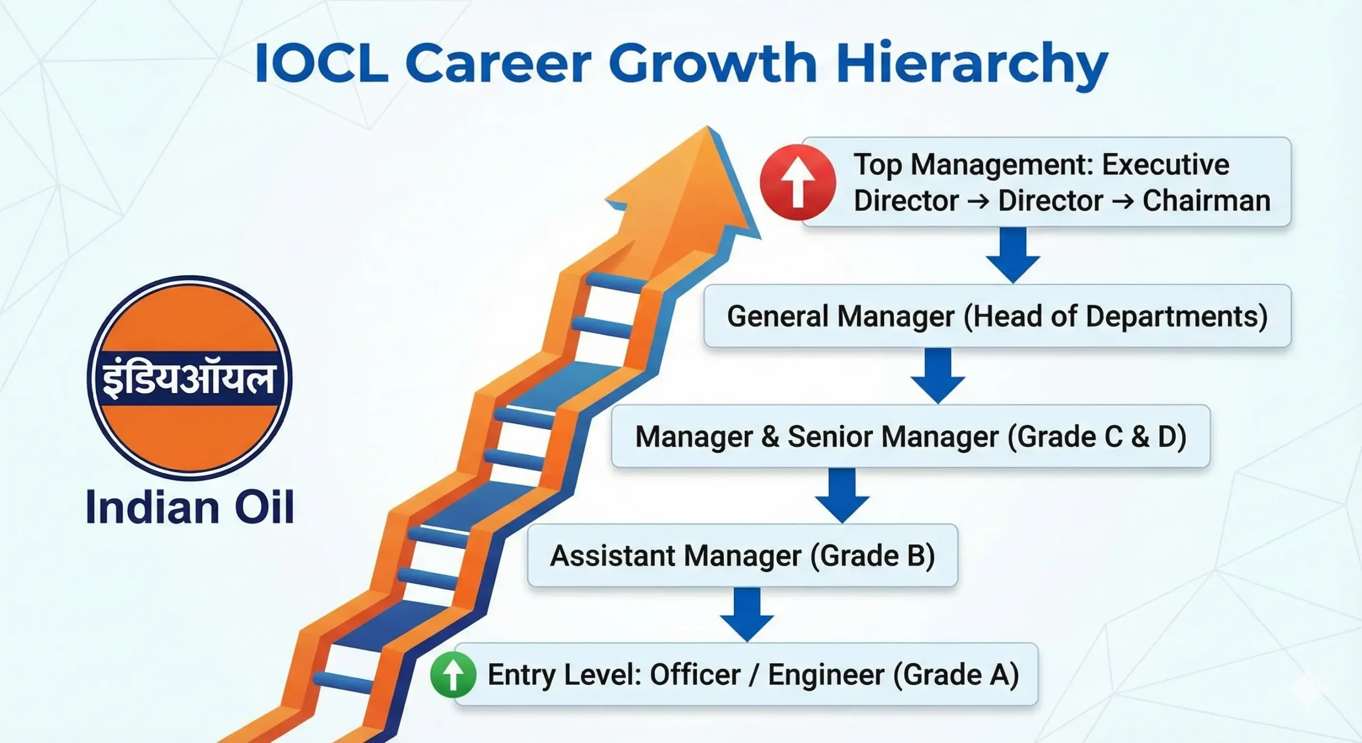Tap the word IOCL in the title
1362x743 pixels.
[x=322, y=64]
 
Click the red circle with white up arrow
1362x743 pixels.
[x=797, y=182]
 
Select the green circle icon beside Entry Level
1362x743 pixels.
[x=453, y=674]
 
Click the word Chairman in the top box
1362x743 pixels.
[x=1206, y=201]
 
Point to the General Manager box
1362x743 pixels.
[x=997, y=316]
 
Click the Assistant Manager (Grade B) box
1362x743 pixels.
[x=742, y=556]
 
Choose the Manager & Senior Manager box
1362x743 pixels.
[x=910, y=436]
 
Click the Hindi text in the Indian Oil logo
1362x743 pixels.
[x=189, y=379]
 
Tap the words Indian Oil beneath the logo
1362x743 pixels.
[x=189, y=507]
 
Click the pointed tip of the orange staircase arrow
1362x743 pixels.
[x=708, y=130]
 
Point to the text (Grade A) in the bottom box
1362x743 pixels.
[x=955, y=675]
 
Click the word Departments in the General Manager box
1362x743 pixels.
[x=1176, y=316]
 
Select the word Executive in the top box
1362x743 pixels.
[x=1165, y=164]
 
